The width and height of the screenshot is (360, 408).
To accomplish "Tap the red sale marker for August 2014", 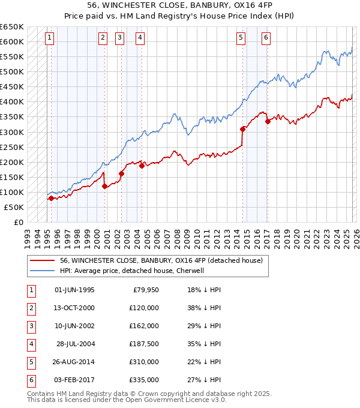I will (x=242, y=128).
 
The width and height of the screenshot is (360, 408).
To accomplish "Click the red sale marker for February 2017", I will (x=267, y=122).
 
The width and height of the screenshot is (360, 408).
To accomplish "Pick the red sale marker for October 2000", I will (x=105, y=186).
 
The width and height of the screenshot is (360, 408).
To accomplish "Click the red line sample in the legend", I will (x=40, y=260).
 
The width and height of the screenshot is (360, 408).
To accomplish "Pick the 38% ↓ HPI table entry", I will (x=204, y=308).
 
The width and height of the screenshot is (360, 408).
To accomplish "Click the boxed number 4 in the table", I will (x=30, y=344).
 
